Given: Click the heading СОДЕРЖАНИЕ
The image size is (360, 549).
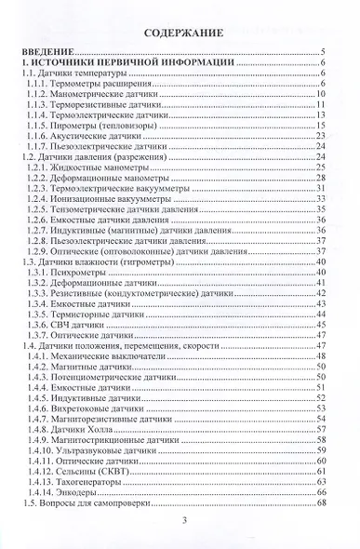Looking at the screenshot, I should pyautogui.click(x=182, y=33).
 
